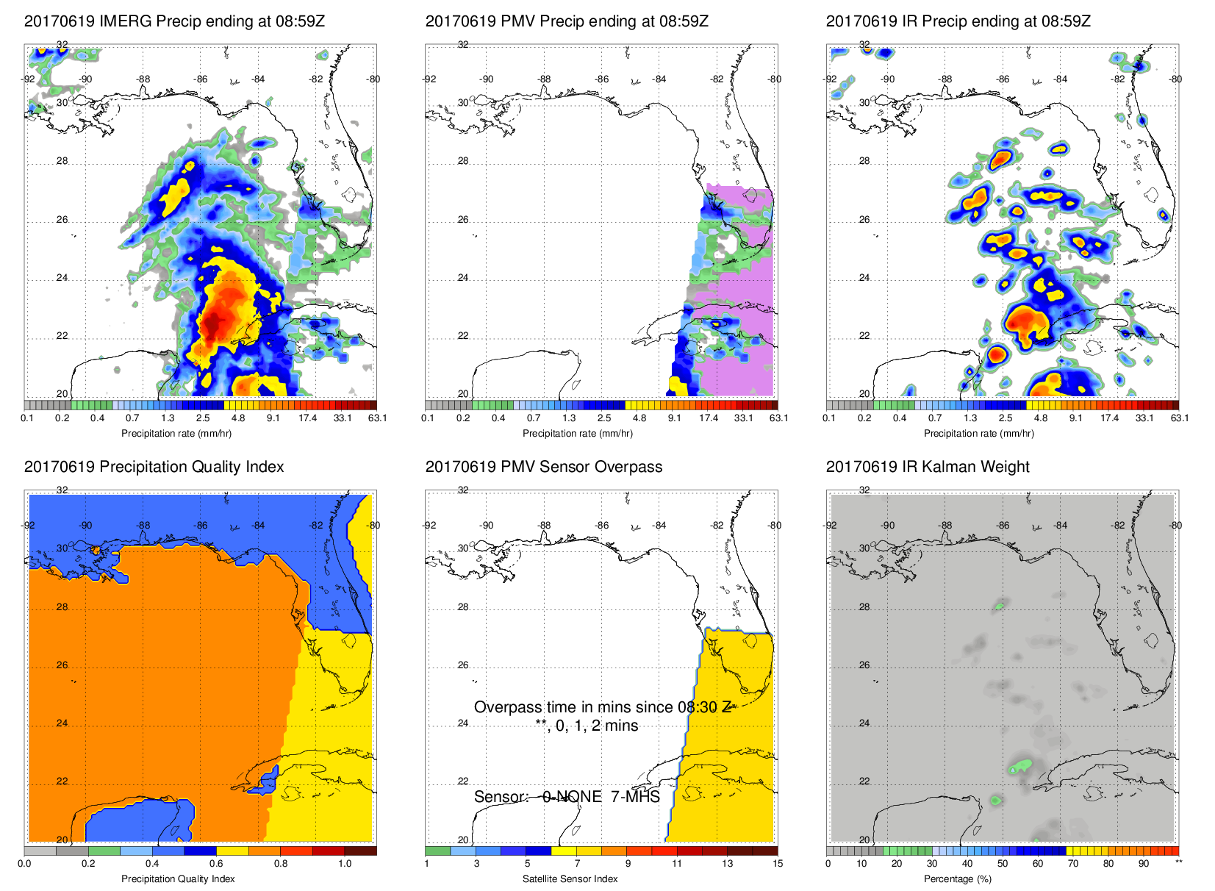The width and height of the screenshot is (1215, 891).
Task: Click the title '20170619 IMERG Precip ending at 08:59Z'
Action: (174, 21)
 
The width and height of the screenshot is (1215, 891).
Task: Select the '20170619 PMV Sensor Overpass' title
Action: (543, 467)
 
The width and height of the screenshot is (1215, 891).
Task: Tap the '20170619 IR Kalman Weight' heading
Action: (928, 467)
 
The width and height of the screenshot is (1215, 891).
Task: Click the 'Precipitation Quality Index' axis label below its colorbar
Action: (178, 879)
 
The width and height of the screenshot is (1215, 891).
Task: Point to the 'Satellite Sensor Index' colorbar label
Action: (570, 879)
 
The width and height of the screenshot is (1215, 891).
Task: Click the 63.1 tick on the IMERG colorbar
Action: (377, 418)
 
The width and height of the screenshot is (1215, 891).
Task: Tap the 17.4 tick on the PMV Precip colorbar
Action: (708, 418)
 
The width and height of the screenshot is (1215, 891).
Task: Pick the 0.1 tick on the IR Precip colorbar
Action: (829, 418)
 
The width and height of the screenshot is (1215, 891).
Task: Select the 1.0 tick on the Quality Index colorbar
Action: (345, 864)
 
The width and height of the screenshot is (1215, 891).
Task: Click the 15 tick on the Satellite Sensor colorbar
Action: (778, 864)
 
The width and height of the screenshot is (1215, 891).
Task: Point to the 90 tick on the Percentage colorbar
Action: (1143, 864)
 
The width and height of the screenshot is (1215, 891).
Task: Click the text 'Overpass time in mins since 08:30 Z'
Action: (602, 707)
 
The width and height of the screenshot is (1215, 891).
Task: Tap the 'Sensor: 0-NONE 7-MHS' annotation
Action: (567, 797)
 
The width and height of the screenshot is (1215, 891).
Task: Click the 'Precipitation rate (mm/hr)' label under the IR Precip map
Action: (978, 434)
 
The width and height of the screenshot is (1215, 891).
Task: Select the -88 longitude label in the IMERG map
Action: (143, 79)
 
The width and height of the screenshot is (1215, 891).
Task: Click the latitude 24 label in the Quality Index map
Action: (62, 723)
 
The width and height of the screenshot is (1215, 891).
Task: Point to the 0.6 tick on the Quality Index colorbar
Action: (216, 864)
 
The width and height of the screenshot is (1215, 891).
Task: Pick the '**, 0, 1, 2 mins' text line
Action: (587, 726)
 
